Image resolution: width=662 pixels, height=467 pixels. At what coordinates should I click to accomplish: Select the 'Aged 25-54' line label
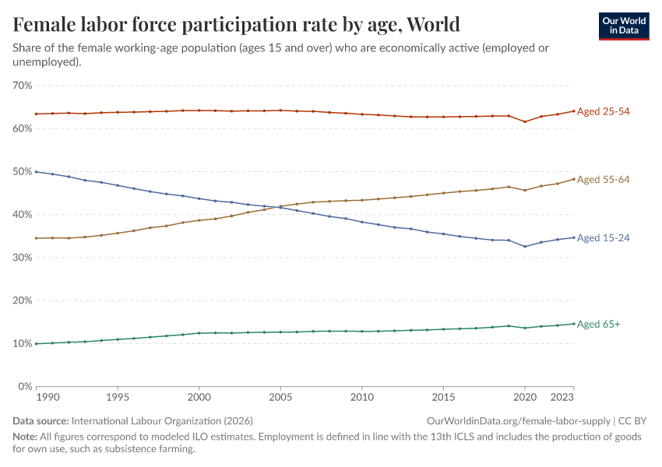603,111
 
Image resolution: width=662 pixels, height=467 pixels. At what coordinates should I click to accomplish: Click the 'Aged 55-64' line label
603,180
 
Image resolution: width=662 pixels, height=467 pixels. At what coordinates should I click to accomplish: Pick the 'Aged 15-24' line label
603,238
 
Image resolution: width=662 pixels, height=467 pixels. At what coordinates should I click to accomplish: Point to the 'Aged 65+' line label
598,324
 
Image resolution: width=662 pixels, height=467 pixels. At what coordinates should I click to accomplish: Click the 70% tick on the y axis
22,86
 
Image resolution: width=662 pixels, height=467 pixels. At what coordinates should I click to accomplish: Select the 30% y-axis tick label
22,258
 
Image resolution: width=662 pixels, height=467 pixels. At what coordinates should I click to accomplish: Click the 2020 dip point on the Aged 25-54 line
525,121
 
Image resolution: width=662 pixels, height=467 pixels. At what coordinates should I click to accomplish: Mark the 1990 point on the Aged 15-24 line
36,171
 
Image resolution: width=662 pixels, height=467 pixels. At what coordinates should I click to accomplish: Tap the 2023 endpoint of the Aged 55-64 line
574,179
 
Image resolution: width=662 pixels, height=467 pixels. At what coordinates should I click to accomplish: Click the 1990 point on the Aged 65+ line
36,343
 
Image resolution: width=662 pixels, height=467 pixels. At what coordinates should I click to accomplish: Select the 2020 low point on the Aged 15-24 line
525,247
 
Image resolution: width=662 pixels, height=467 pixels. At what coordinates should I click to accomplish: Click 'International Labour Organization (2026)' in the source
162,420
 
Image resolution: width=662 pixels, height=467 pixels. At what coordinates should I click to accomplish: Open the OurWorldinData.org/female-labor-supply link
519,420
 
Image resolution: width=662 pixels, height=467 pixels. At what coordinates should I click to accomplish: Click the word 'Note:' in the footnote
26,437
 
